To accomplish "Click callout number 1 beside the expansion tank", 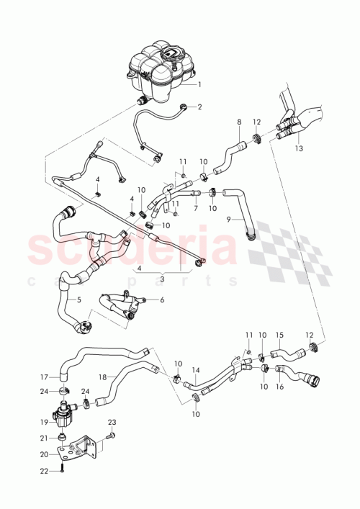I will pyautogui.click(x=199, y=84).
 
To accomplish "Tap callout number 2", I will pyautogui.click(x=199, y=107).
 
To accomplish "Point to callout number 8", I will pyautogui.click(x=239, y=123).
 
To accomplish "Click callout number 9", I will pyautogui.click(x=229, y=218).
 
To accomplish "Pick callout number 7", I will pyautogui.click(x=195, y=208).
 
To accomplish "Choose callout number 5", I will pyautogui.click(x=79, y=299).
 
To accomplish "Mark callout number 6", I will pyautogui.click(x=163, y=299).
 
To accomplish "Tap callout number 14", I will pyautogui.click(x=195, y=370).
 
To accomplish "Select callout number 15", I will pyautogui.click(x=280, y=335).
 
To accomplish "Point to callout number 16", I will pyautogui.click(x=280, y=387).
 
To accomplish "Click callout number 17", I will pyautogui.click(x=43, y=376).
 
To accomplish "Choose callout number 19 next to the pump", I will pyautogui.click(x=43, y=423).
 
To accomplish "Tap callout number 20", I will pyautogui.click(x=43, y=454).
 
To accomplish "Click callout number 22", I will pyautogui.click(x=43, y=472).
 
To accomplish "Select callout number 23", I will pyautogui.click(x=112, y=422).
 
